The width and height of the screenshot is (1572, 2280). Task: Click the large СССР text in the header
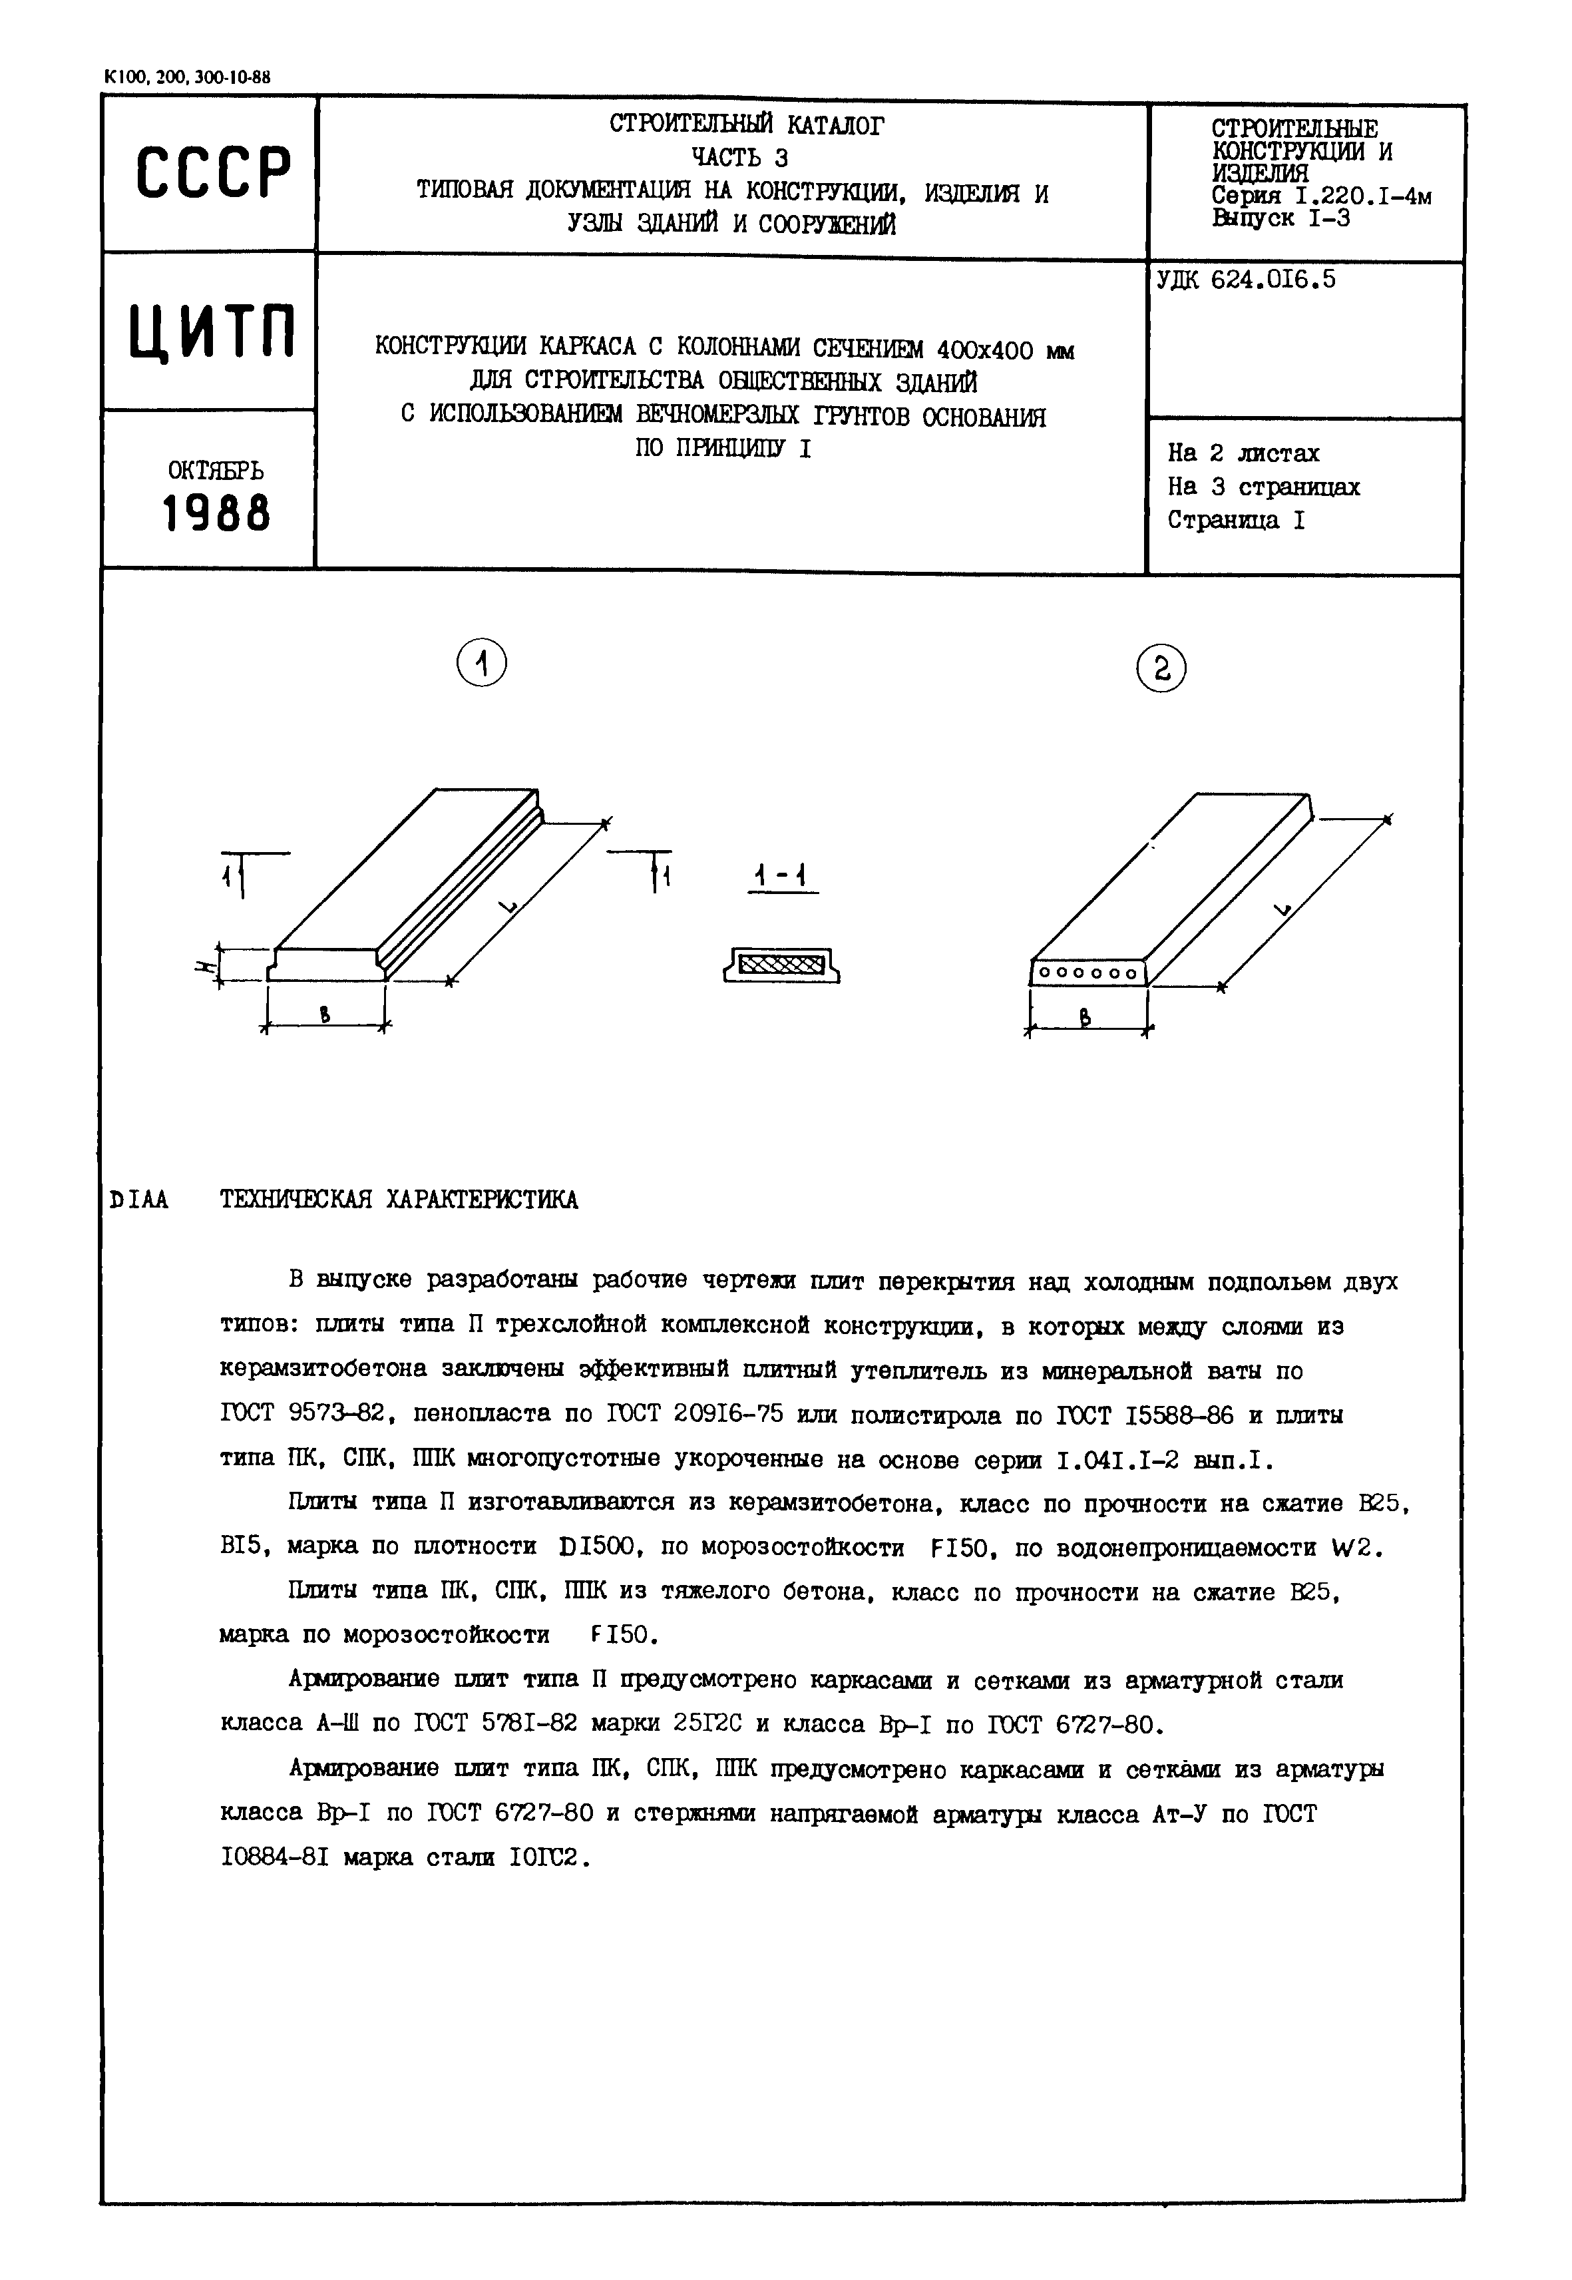(213, 174)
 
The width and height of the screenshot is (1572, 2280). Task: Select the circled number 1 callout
(482, 664)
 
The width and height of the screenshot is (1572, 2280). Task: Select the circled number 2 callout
(1161, 670)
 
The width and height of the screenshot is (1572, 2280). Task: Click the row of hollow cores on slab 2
(1088, 973)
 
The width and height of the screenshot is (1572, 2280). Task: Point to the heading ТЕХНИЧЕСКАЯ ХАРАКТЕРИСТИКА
(399, 1200)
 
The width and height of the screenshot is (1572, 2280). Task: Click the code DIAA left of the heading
(139, 1200)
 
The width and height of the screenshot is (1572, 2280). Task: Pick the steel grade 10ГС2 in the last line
(546, 1857)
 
